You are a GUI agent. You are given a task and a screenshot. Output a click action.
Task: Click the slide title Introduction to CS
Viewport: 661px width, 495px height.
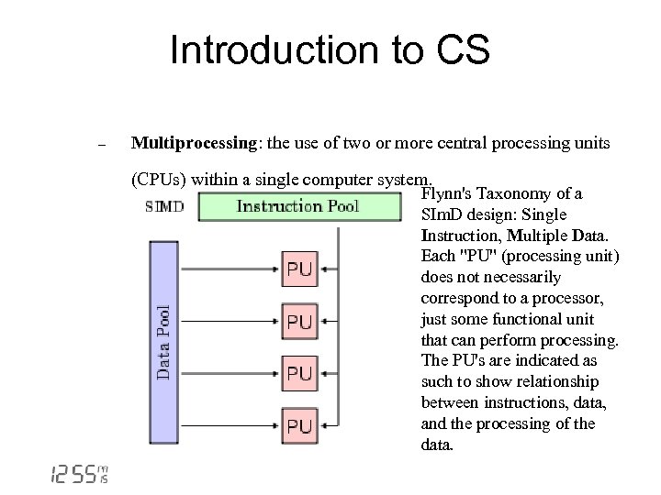(330, 51)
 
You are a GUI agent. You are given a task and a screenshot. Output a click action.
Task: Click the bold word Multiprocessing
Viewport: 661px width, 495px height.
(192, 143)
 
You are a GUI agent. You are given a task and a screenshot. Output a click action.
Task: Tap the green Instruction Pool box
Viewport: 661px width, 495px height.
(297, 206)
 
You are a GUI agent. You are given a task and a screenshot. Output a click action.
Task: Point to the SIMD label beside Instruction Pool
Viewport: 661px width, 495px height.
(164, 206)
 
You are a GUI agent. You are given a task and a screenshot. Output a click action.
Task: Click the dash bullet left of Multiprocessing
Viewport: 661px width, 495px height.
(103, 145)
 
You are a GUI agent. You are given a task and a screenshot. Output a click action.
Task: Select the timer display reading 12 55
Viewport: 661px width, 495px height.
(78, 473)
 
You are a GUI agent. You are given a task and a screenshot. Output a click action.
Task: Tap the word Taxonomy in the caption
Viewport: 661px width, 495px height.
(521, 194)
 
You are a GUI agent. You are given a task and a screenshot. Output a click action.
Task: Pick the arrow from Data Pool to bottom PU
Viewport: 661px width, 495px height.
(230, 425)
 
